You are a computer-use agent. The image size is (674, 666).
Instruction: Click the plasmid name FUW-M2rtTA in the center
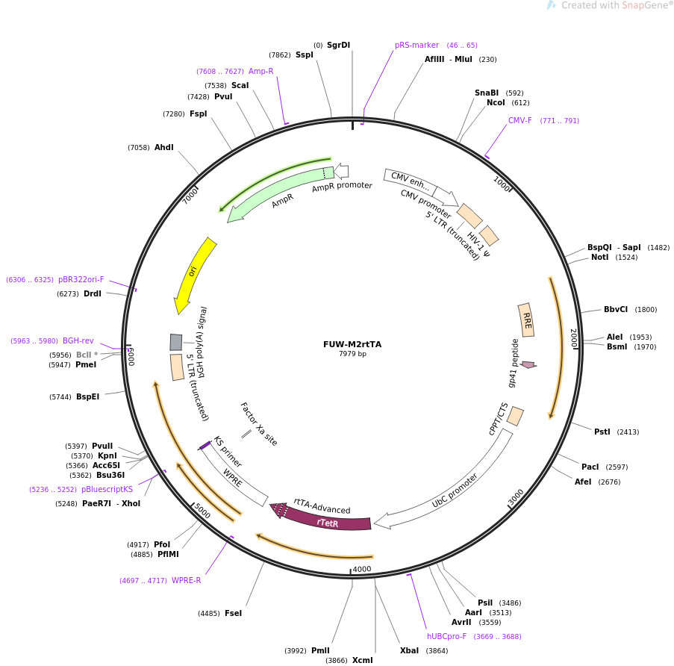pos(352,344)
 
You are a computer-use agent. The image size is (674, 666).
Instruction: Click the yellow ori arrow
pos(194,273)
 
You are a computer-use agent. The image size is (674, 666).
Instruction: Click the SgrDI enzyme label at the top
pos(338,45)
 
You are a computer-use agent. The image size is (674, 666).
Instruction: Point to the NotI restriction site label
pos(599,257)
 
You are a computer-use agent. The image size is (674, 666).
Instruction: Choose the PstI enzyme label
pos(602,432)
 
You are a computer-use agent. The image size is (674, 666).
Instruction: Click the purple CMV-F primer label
pos(520,120)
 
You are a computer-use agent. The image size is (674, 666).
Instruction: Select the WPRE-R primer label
pos(186,580)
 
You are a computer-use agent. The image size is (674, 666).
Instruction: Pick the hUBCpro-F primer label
pos(446,636)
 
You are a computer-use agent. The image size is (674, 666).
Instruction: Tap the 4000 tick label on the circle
pos(362,569)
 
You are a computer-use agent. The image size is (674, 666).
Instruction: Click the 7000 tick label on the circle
pos(192,195)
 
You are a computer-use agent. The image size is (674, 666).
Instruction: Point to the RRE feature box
pos(526,320)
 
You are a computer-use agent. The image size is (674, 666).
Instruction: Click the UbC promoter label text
pos(455,491)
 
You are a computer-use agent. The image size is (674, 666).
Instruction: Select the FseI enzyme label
pos(233,613)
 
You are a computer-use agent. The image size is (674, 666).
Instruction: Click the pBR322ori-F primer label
pos(81,279)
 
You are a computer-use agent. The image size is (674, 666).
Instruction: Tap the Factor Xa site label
pos(258,424)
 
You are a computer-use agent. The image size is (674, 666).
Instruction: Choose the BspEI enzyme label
pos(87,396)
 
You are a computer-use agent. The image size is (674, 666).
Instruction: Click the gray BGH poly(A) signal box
pos(176,342)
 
